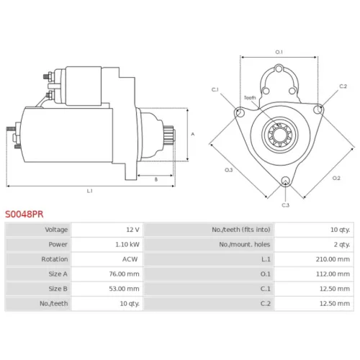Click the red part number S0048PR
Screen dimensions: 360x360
24,214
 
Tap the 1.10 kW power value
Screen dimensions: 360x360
127,244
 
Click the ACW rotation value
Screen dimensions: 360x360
130,259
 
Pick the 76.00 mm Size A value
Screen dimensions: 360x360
124,274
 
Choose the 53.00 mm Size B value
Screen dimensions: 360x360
124,289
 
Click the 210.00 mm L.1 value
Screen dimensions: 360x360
333,259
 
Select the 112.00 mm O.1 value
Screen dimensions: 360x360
333,274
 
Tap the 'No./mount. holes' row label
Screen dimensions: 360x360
245,244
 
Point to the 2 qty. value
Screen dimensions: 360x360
342,244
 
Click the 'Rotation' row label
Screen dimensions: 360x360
55,259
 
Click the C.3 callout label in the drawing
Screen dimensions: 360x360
285,205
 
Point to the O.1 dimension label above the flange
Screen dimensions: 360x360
279,52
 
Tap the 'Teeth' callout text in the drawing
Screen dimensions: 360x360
250,98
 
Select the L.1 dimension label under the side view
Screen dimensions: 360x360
89,191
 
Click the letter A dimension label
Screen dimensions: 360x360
192,134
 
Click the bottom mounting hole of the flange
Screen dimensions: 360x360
285,181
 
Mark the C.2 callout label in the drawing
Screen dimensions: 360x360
343,86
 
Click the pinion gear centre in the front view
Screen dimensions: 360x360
279,135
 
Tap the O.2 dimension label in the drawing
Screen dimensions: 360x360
336,178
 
